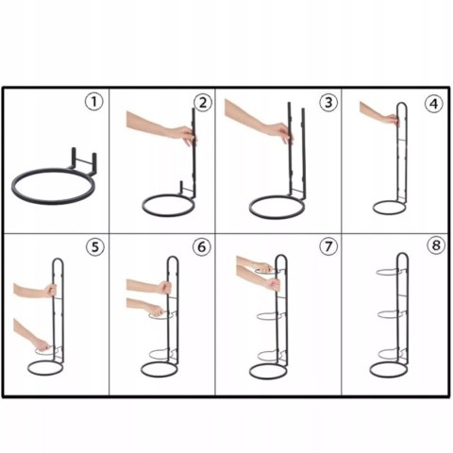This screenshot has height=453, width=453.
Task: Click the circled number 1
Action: point(94,102)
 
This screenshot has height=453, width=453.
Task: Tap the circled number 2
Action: point(203,103)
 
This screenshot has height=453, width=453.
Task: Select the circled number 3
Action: point(328,102)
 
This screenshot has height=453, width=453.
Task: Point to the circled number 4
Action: point(434,104)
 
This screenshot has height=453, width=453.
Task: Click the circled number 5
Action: point(95,247)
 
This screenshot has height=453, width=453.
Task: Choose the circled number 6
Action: point(201,246)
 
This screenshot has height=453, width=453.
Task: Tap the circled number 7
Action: point(328,245)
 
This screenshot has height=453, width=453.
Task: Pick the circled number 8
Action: point(436,245)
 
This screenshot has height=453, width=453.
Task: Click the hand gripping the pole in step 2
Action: point(186,134)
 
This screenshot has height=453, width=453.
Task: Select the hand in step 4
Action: point(393,120)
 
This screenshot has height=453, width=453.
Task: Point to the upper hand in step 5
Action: point(50,290)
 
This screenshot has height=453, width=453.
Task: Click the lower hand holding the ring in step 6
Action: point(157,310)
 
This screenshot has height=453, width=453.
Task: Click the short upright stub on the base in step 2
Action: point(181,188)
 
